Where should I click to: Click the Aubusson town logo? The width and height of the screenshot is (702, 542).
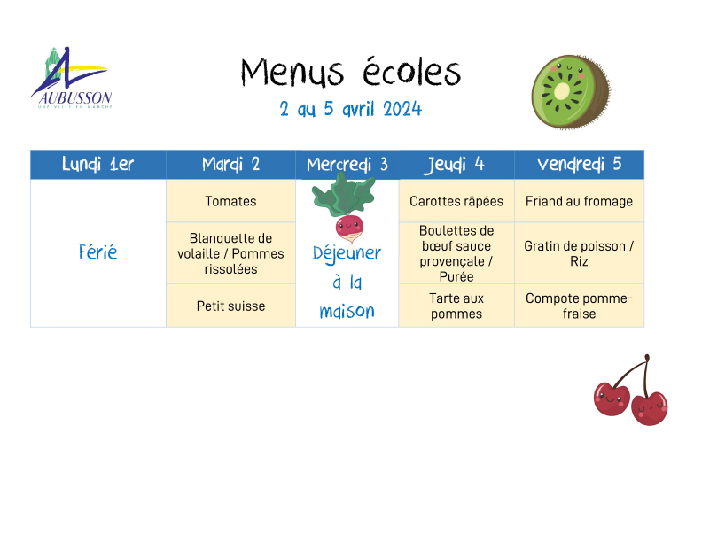(72, 78)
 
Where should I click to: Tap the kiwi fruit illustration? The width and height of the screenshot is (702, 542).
(572, 92)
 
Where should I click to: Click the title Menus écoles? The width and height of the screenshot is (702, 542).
(350, 73)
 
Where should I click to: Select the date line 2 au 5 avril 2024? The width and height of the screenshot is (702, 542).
(350, 109)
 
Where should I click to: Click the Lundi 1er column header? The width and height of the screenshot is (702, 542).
(98, 165)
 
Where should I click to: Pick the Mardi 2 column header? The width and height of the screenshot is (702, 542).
(230, 165)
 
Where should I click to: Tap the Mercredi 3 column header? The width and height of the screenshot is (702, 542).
(347, 165)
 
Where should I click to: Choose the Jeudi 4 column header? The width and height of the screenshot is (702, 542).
(456, 165)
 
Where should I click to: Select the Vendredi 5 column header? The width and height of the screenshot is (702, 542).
(580, 165)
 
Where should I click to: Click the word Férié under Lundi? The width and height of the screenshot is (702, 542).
(98, 252)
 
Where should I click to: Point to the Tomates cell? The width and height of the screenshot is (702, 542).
(230, 201)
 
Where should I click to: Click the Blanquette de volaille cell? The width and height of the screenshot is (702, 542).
(230, 253)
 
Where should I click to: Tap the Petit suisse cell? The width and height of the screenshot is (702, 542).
(230, 306)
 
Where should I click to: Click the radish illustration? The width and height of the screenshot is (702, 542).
(345, 207)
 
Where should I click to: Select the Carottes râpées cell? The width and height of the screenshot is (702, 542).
(456, 201)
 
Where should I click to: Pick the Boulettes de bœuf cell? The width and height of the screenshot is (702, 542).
(456, 253)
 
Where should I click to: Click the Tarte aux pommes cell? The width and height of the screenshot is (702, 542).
(456, 306)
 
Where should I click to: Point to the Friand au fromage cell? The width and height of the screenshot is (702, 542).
(580, 201)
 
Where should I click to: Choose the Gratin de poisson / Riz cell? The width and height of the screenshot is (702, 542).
(580, 253)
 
